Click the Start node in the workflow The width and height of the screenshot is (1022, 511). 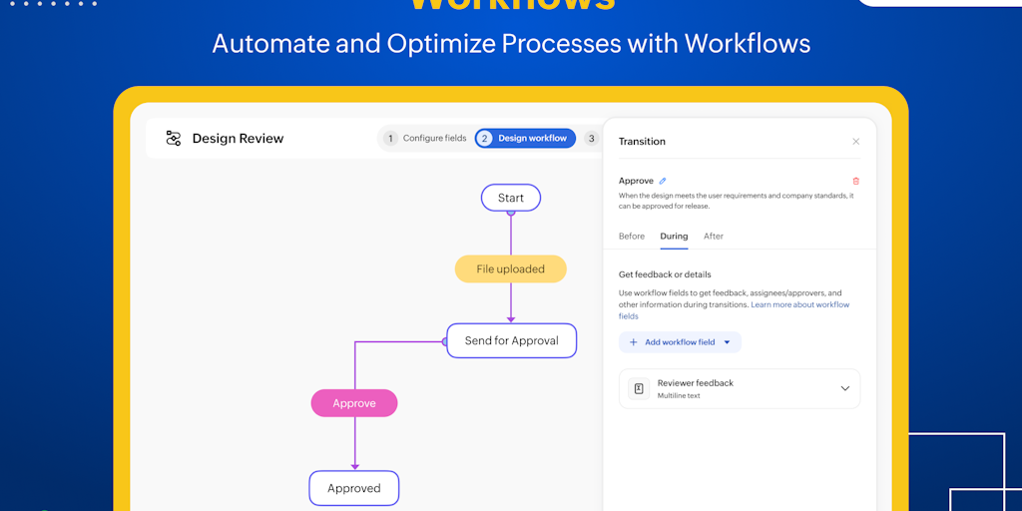point(510,198)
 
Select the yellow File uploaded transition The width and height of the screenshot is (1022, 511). point(510,268)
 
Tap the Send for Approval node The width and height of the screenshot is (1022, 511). point(511,340)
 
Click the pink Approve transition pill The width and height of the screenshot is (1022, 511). point(354,403)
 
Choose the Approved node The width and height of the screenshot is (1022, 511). point(354,488)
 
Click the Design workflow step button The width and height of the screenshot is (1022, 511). point(525,138)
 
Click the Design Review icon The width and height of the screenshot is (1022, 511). point(174,139)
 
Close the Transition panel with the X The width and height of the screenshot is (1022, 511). point(855,142)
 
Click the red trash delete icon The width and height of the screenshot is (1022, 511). point(855,181)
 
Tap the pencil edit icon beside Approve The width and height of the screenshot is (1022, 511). point(663,181)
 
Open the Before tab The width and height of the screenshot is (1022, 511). point(632,237)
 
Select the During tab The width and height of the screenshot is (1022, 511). point(674,237)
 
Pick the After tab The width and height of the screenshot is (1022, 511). point(714,237)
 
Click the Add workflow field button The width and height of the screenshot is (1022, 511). point(680,342)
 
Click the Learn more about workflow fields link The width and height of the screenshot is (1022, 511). point(799,304)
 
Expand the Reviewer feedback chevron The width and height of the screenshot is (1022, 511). point(844,388)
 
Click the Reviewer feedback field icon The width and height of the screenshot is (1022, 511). point(639,388)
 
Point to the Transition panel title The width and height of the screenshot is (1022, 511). point(642,142)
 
